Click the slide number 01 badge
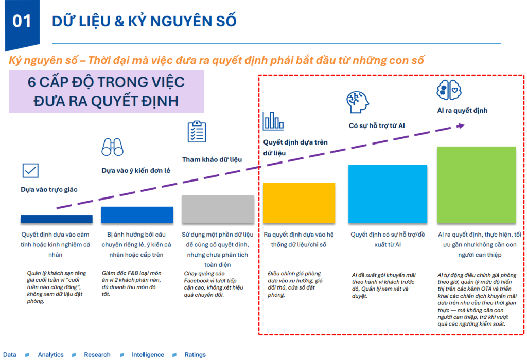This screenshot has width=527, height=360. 22,21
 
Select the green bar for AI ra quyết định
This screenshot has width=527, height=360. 477,185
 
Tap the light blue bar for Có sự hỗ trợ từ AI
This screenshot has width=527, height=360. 388,194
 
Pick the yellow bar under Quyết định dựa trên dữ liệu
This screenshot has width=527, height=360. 299,203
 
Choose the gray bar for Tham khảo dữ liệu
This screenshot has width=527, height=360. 218,209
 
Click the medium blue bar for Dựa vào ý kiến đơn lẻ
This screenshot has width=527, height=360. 137,214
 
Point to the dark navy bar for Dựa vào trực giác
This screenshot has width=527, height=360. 57,219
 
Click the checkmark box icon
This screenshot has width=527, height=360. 30,170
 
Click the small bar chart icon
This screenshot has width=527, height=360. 273,121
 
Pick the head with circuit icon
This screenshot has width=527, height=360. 358,102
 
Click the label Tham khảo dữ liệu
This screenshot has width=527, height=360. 212,159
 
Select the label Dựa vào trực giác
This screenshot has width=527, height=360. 49,189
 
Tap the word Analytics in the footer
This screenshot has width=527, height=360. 50,355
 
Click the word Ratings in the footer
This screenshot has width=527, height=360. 195,355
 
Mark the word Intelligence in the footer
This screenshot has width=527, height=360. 148,355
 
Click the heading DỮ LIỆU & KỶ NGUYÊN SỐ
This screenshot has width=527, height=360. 144,21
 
